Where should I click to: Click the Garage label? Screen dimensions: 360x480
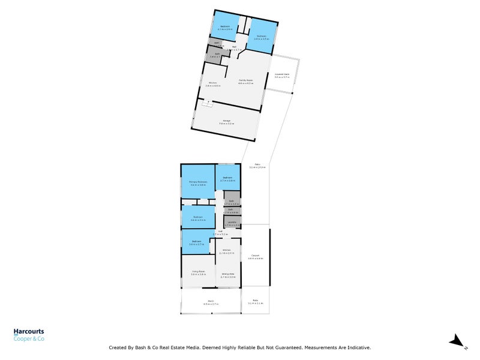(x=227, y=121)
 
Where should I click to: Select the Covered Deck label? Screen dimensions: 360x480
(x=282, y=74)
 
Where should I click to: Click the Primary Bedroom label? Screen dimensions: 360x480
(x=199, y=182)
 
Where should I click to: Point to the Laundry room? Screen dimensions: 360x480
(x=232, y=224)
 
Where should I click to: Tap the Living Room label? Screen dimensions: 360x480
(x=198, y=273)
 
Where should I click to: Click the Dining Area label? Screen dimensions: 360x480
(x=228, y=274)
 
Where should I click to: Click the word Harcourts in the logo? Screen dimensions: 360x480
(x=29, y=331)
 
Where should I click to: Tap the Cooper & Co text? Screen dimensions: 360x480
(x=29, y=339)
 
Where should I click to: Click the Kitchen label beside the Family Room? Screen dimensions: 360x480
(x=212, y=83)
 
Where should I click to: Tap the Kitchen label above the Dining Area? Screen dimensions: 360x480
(x=227, y=250)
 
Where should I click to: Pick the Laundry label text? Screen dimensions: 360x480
(x=232, y=222)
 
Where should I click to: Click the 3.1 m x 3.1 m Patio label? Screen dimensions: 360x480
(x=255, y=303)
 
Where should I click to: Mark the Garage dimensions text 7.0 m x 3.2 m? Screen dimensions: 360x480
(x=227, y=124)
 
